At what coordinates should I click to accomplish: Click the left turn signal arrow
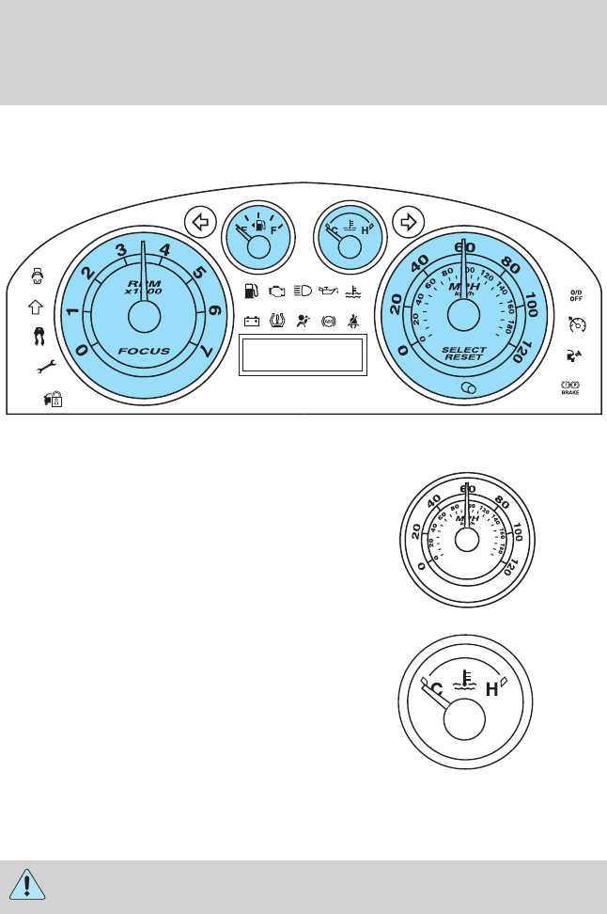tap(198, 223)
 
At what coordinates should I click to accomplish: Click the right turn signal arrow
tap(407, 223)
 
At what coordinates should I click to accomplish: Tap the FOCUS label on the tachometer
tap(144, 351)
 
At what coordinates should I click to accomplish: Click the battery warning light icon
tap(252, 321)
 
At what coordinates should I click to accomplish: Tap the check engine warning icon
tap(277, 292)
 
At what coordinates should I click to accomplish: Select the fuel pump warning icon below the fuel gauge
tap(251, 292)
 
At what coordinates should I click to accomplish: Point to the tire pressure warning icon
tap(278, 321)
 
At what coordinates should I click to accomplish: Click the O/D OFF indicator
tap(576, 297)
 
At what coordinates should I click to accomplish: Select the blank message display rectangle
tap(303, 355)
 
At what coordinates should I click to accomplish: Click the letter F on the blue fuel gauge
tap(274, 228)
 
